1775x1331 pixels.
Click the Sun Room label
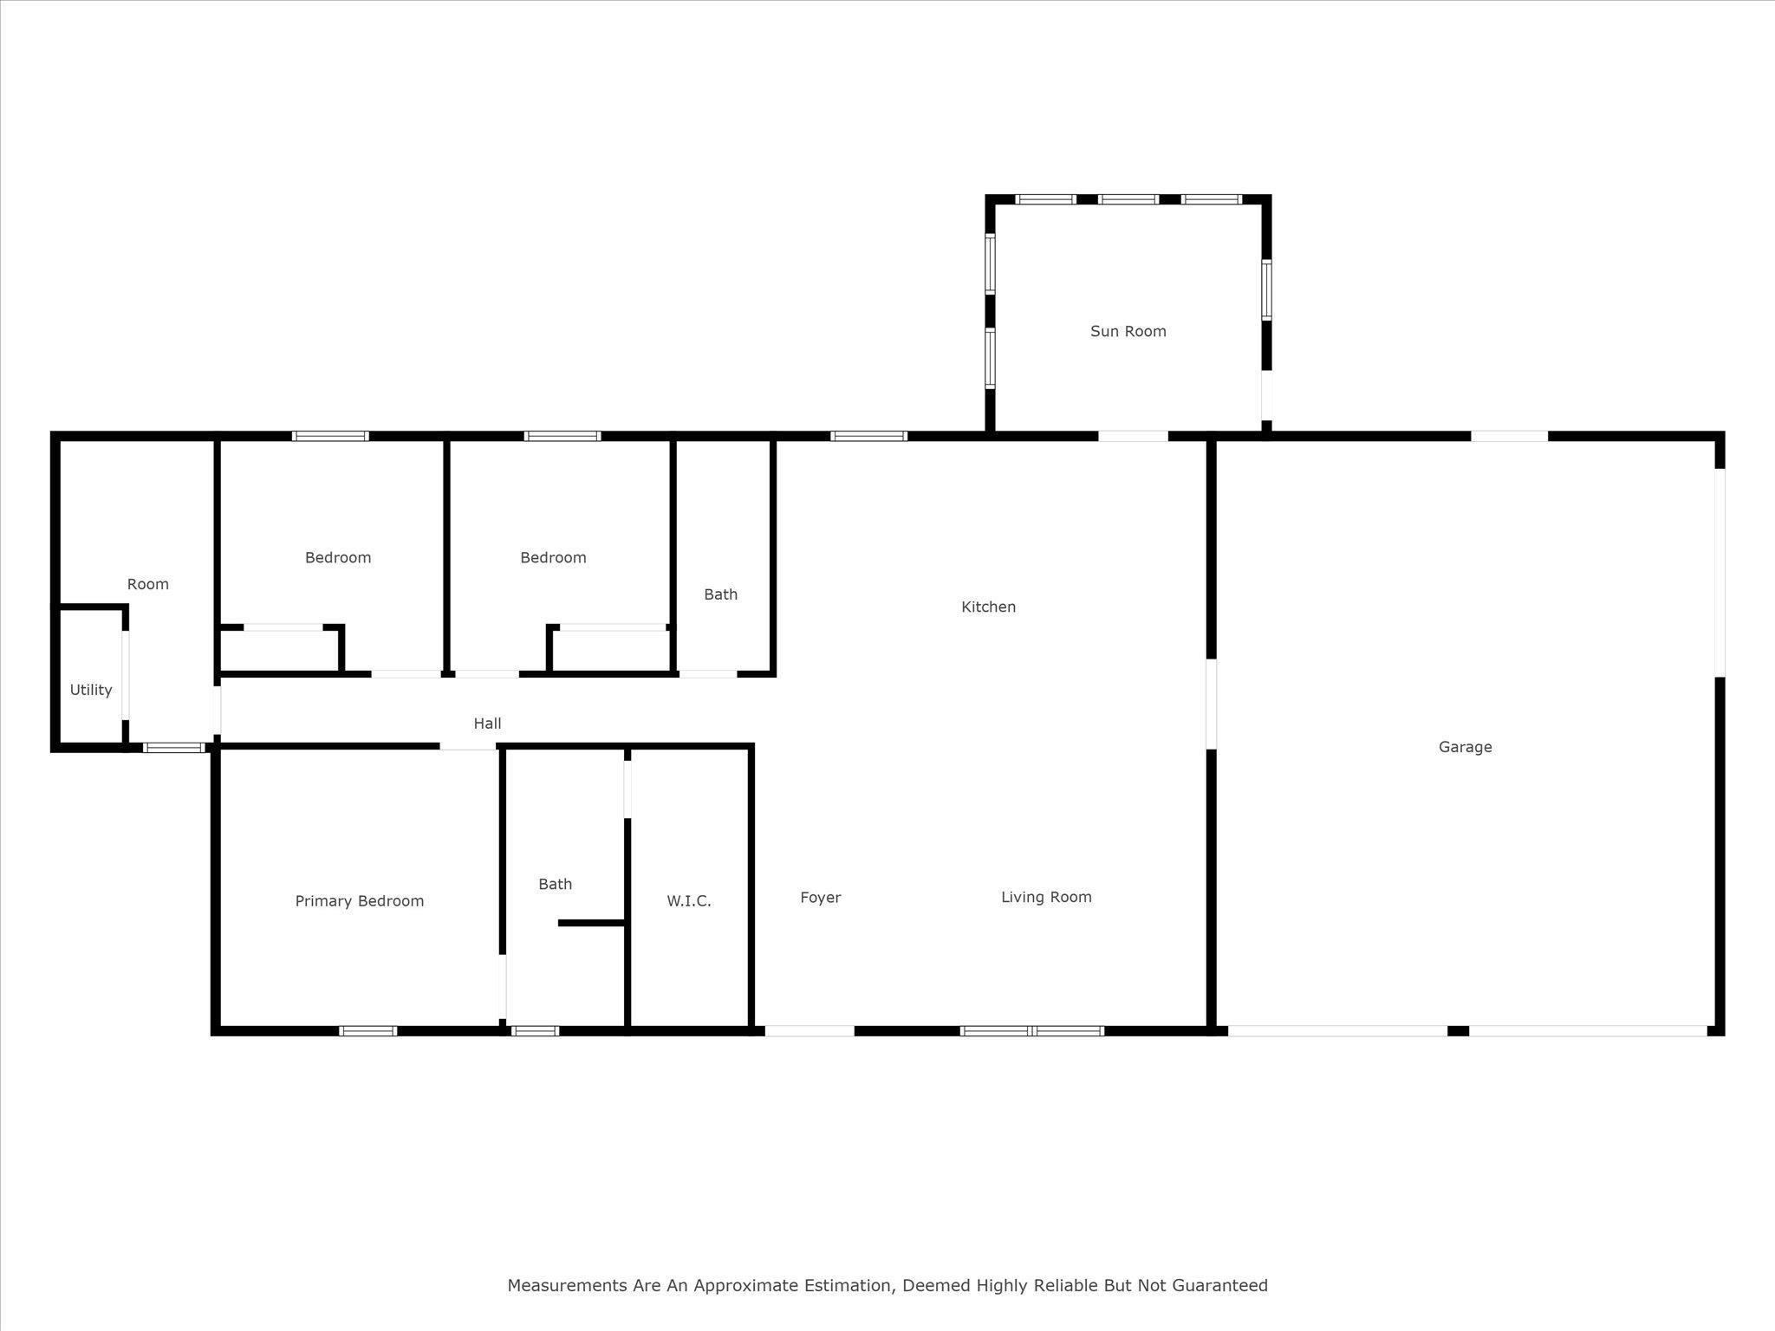click(1128, 331)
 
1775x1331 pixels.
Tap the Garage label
click(1465, 747)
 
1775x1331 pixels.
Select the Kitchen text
click(988, 607)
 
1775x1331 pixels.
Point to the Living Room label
click(1046, 897)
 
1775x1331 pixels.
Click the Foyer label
click(820, 898)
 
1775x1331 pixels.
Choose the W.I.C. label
click(688, 901)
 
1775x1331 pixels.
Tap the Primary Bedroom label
click(360, 901)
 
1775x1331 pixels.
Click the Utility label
click(91, 690)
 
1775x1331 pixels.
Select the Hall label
click(487, 724)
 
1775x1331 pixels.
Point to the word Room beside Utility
click(147, 584)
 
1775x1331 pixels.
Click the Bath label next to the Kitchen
click(720, 594)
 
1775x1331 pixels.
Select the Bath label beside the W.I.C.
click(555, 884)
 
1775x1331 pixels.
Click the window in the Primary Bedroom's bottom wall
click(367, 1031)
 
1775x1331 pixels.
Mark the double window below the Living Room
click(1031, 1031)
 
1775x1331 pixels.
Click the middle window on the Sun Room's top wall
click(1128, 199)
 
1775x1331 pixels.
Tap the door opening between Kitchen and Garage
click(1211, 704)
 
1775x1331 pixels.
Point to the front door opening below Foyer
click(809, 1031)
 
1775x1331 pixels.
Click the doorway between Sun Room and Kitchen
click(1133, 436)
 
